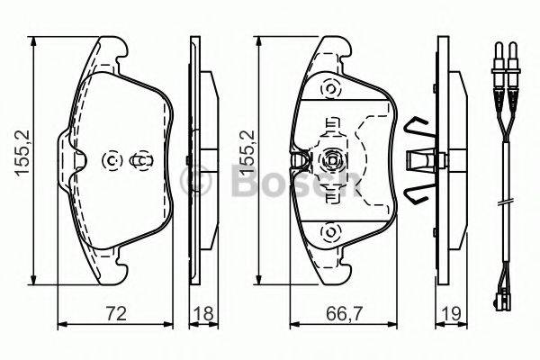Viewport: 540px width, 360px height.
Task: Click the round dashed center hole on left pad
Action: pyautogui.click(x=112, y=160)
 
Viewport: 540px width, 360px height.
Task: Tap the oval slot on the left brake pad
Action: pyautogui.click(x=141, y=160)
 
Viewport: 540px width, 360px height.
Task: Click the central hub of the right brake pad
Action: pyautogui.click(x=331, y=161)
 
